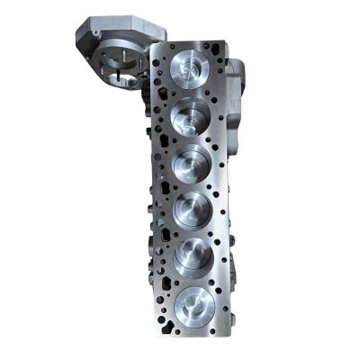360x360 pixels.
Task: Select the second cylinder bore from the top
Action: click(191, 116)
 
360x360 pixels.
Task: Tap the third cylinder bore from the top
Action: click(192, 164)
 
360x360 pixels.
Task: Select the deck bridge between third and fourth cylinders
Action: click(192, 187)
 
